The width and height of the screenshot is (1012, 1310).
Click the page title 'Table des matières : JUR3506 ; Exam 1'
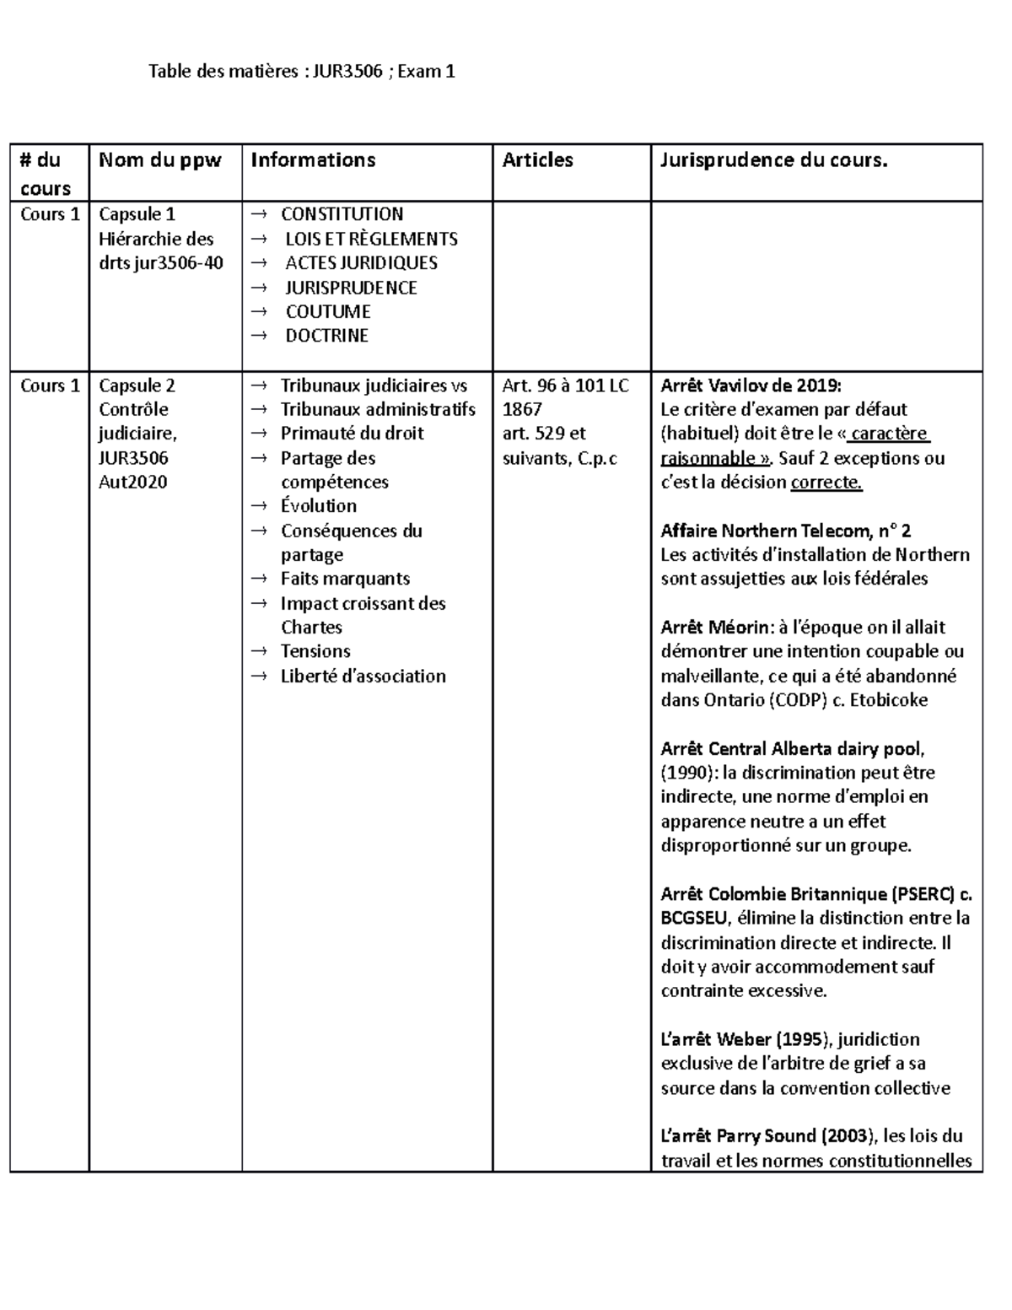[301, 72]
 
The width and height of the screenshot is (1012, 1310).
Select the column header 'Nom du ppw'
[159, 160]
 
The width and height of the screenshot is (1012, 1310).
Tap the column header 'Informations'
[312, 160]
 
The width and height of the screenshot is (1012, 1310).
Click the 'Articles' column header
[537, 160]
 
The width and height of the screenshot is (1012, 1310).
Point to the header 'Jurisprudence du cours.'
[773, 160]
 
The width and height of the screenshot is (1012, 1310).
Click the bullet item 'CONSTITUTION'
[342, 214]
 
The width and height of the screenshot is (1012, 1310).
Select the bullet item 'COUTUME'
[327, 311]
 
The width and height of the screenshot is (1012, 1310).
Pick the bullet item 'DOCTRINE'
[326, 336]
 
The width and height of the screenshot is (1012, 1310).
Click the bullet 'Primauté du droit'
[352, 434]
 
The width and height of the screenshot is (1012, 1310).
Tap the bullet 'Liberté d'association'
[363, 676]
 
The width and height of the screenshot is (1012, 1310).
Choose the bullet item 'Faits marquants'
[345, 579]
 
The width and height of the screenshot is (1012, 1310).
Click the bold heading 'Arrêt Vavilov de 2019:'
[751, 385]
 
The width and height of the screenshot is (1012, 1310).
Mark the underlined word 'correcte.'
[826, 482]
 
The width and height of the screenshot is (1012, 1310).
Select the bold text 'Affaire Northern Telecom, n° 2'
[785, 531]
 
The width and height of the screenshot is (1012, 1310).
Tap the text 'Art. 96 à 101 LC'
[565, 385]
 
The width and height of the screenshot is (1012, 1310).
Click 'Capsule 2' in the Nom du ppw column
[137, 385]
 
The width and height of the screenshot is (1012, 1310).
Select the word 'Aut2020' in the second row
[132, 482]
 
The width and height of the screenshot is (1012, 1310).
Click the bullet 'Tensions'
[315, 651]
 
